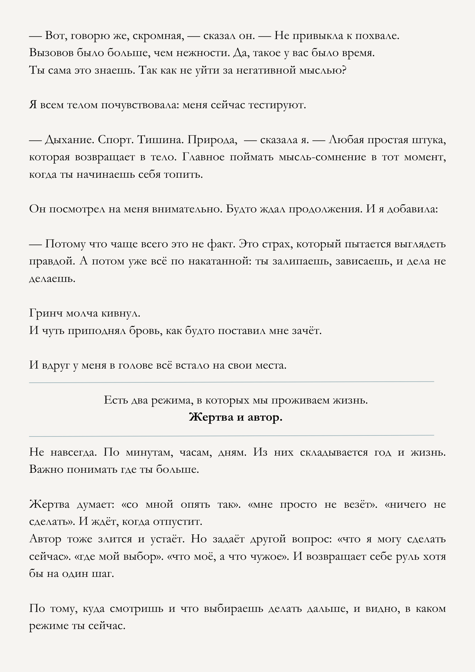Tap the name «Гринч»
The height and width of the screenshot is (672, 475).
pos(46,313)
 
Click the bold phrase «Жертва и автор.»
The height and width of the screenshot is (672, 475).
pos(235,418)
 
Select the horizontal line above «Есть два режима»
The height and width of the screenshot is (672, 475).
pos(231,382)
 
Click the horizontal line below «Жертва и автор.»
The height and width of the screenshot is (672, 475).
pos(231,435)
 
